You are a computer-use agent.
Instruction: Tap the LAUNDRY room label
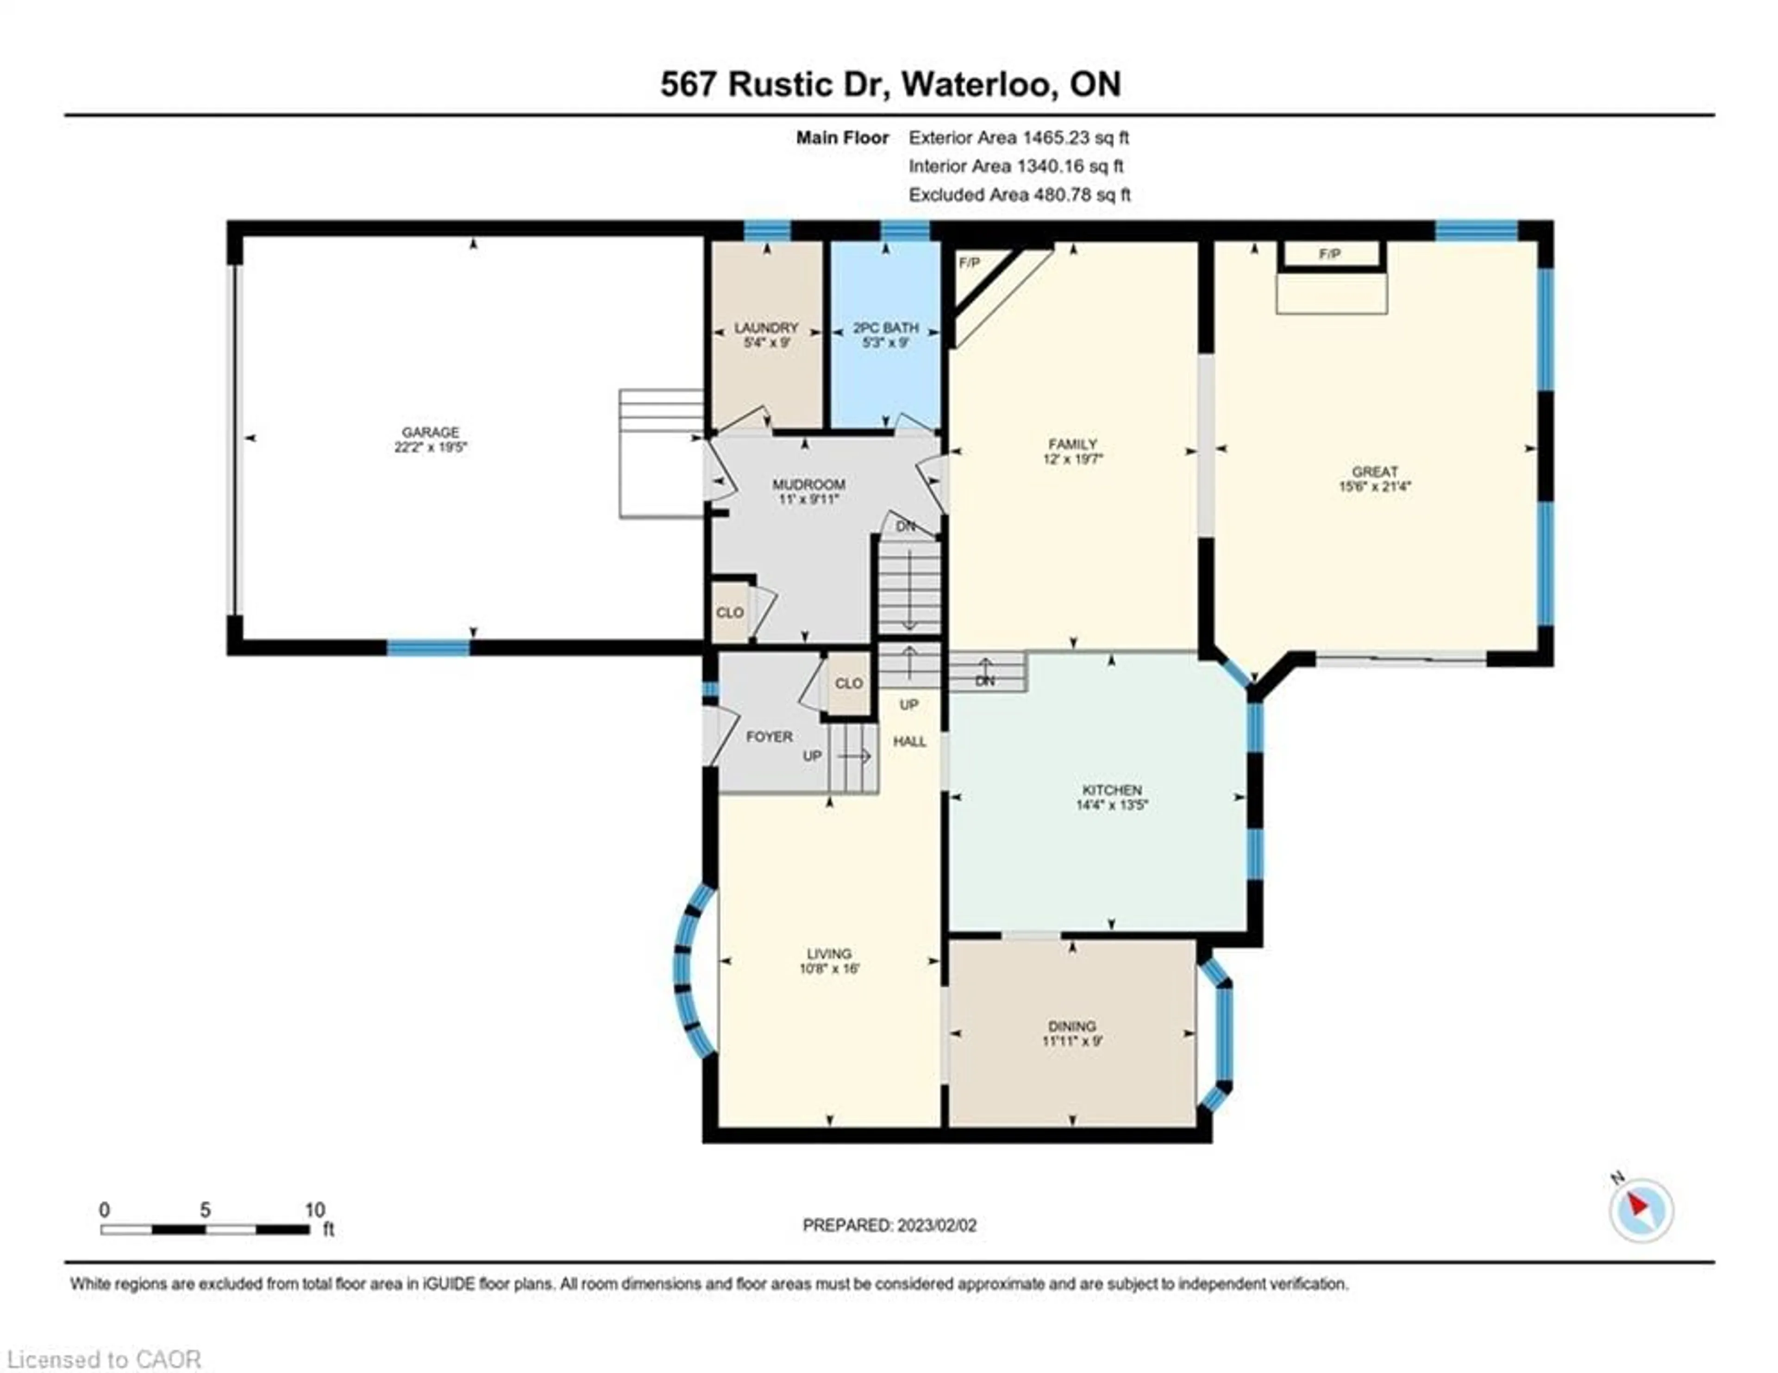766,328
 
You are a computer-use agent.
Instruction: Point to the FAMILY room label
1072,444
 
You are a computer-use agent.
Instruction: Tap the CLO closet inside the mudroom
729,612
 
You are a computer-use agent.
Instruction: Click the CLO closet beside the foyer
848,683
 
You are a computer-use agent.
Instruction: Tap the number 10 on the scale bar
314,1210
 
